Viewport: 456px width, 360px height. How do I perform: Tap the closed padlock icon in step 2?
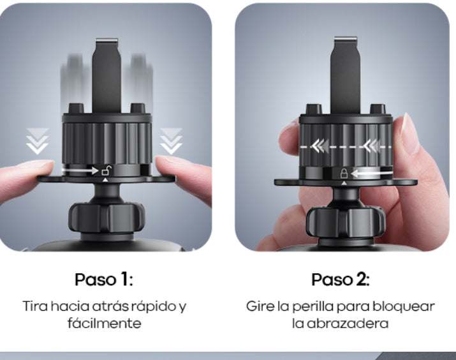coord(344,173)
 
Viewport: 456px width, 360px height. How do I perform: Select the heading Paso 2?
coord(341,279)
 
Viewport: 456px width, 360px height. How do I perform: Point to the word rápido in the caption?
coord(152,306)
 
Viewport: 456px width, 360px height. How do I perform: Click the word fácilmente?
coord(104,323)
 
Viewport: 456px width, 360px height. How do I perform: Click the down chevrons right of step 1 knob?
coord(170,140)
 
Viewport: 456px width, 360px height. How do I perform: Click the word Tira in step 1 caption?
coord(34,306)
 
